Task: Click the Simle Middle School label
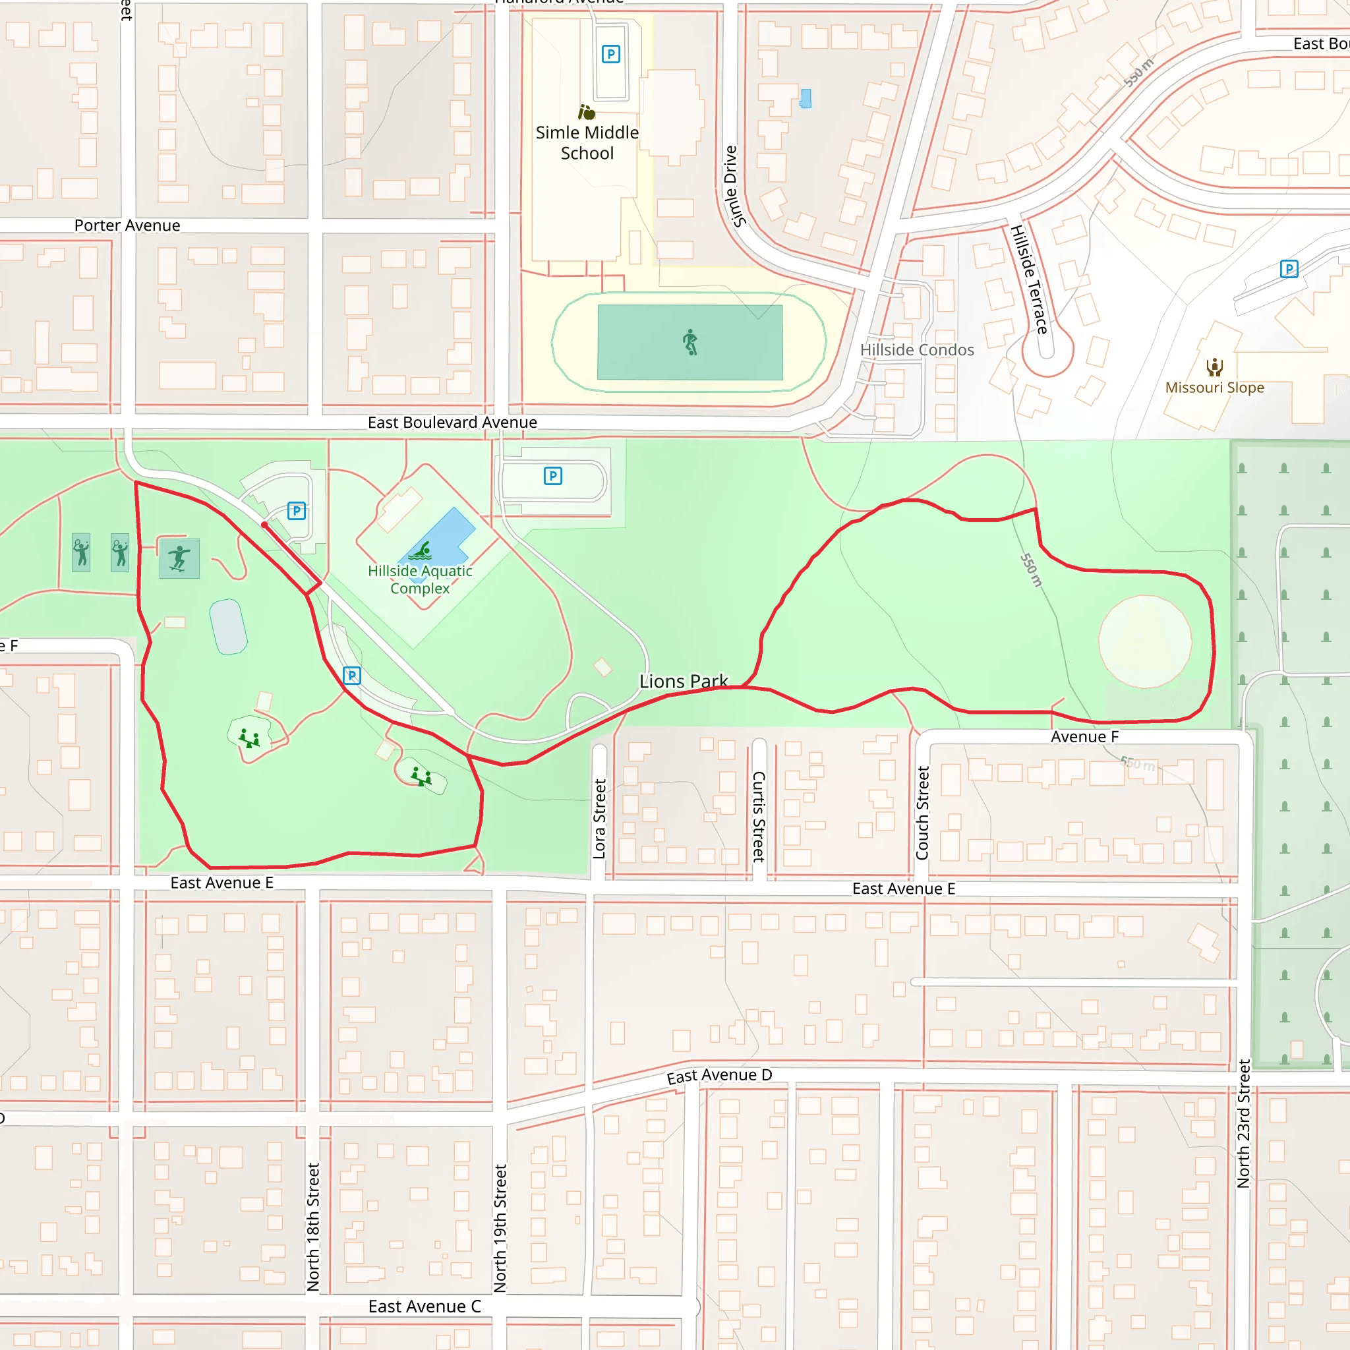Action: (x=587, y=142)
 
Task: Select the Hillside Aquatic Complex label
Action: (x=420, y=579)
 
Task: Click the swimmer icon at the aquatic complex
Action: (x=420, y=551)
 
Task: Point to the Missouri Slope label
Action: (x=1214, y=387)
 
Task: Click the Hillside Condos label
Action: (x=917, y=349)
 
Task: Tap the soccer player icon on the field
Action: (x=690, y=342)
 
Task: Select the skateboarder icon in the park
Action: (x=179, y=558)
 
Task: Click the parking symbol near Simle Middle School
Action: (x=610, y=54)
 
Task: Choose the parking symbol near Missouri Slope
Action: (x=1289, y=269)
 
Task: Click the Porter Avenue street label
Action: (x=127, y=225)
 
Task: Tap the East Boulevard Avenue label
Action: (x=452, y=422)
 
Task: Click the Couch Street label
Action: (x=922, y=813)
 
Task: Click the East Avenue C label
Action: (x=425, y=1306)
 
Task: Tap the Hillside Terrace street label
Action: (x=1030, y=279)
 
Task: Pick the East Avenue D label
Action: (x=719, y=1075)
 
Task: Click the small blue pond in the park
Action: (x=229, y=627)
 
